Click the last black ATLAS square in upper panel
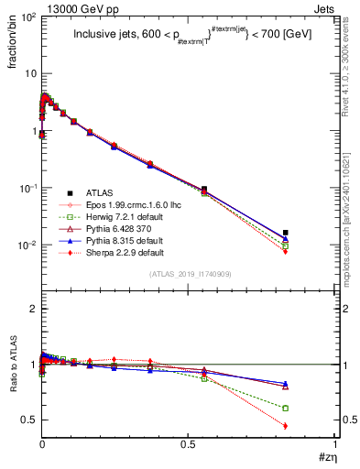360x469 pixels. click(x=286, y=233)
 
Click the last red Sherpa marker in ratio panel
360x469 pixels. click(x=286, y=426)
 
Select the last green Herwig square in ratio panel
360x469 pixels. click(x=286, y=408)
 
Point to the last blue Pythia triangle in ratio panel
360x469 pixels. click(x=286, y=384)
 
